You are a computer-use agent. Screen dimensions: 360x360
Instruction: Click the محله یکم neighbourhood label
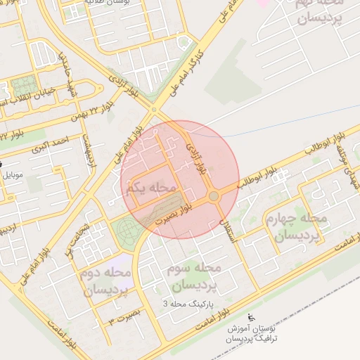tap(151, 188)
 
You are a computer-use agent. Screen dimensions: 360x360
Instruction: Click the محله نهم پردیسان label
tap(314, 13)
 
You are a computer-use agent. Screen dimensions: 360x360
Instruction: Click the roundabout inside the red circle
tap(214, 196)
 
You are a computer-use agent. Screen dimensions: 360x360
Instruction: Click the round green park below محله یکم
tap(127, 229)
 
